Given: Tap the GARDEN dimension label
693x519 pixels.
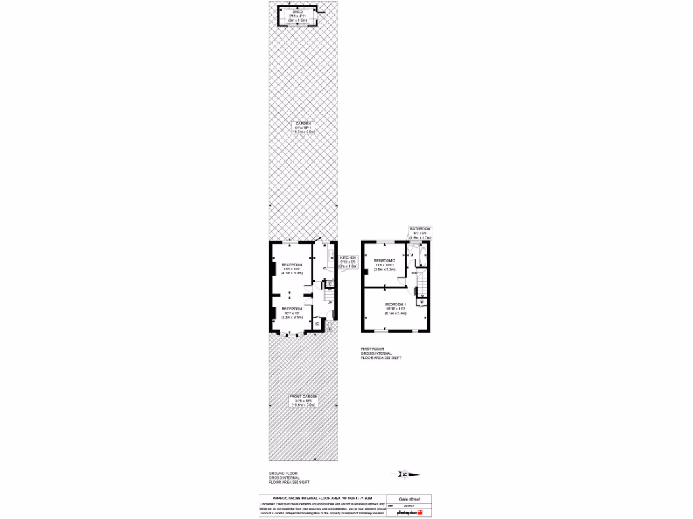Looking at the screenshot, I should click(x=303, y=128).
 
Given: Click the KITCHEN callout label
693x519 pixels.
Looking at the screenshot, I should click(x=348, y=262).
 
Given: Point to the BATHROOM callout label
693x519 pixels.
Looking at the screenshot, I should click(x=420, y=234).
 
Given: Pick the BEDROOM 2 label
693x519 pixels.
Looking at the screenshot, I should click(x=384, y=264).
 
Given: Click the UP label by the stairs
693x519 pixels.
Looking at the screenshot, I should click(x=330, y=302).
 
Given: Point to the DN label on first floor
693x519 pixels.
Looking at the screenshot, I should click(x=415, y=272).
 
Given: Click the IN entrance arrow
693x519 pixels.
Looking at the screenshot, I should click(x=330, y=329).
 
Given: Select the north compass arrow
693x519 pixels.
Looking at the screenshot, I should click(x=404, y=474).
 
